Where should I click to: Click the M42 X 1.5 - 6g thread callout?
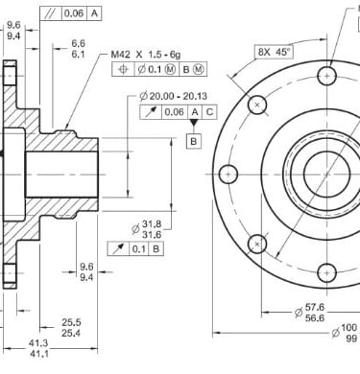[x=146, y=55]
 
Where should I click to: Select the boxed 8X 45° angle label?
[x=275, y=52]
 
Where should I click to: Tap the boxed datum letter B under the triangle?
[x=194, y=141]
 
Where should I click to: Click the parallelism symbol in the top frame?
[x=50, y=13]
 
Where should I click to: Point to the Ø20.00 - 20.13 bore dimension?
[x=174, y=96]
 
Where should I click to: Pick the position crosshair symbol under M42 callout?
[x=123, y=69]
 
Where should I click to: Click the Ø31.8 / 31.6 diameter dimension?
[x=147, y=229]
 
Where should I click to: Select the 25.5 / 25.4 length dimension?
[x=71, y=328]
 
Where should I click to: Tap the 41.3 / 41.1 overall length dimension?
[x=38, y=348]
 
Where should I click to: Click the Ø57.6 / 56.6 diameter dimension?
[x=309, y=313]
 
